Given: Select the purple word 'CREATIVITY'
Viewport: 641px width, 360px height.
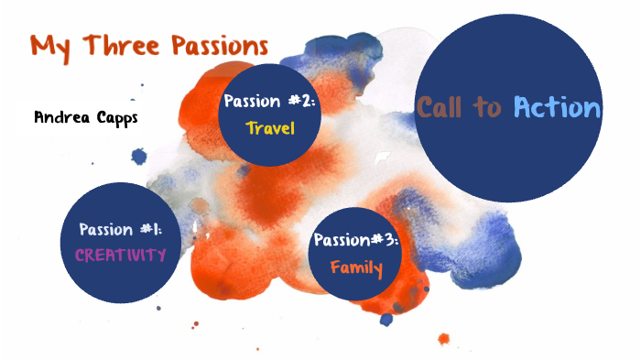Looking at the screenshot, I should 121,254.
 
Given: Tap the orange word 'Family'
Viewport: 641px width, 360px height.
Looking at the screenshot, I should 356,268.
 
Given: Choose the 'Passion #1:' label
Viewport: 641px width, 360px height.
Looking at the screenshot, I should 121,229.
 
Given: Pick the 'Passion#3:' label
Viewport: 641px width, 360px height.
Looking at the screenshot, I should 356,241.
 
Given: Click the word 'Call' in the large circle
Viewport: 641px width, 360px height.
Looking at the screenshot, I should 442,107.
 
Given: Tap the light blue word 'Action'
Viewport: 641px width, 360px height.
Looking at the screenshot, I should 557,107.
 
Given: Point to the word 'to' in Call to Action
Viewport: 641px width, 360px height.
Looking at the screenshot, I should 488,108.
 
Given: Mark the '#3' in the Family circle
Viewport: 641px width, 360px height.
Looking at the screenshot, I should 386,241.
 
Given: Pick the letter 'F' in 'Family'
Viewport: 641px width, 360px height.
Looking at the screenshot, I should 336,267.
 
